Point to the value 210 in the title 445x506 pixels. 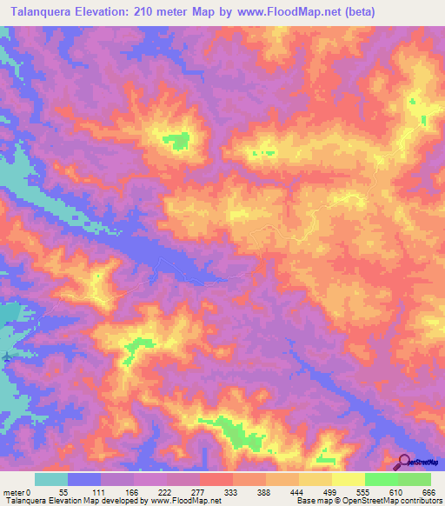pos(152,11)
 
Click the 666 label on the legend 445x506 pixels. pos(427,492)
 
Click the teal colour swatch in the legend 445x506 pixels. pos(51,479)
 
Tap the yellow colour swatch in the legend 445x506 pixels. pos(348,479)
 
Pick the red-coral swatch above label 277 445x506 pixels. pos(216,479)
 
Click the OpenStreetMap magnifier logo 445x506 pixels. pos(405,462)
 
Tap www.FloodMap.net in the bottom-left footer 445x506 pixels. pos(183,502)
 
